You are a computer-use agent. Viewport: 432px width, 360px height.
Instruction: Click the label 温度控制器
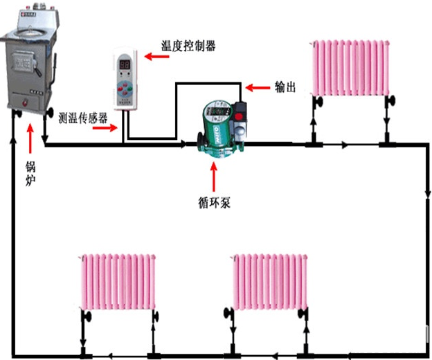pos(188,46)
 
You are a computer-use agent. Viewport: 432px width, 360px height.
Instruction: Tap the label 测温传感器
pos(83,118)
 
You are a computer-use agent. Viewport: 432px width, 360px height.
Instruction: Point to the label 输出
pos(285,87)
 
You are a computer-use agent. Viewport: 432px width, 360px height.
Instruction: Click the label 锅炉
pos(30,173)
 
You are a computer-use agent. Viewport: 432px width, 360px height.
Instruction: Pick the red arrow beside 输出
pos(259,88)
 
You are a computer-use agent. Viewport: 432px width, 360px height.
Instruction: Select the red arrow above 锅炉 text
pos(30,138)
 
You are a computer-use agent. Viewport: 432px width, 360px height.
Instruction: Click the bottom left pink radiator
pos(118,282)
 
